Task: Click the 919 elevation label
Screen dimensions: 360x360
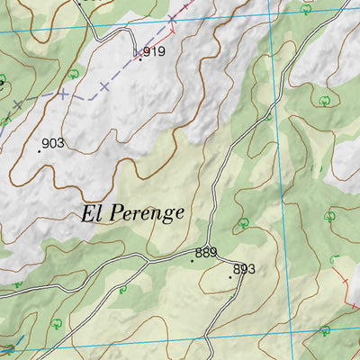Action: pos(154,51)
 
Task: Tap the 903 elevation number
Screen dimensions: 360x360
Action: pos(53,143)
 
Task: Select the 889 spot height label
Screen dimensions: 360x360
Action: pos(206,253)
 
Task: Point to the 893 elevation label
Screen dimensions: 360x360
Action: pos(245,269)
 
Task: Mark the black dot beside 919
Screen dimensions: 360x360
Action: pos(139,59)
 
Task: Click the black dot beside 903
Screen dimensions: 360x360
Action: pos(39,151)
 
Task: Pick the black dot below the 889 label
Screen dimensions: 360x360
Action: pos(192,261)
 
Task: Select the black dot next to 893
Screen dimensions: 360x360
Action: pos(230,277)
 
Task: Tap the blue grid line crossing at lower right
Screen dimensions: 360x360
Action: pos(290,331)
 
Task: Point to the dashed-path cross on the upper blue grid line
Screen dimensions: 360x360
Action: pos(172,19)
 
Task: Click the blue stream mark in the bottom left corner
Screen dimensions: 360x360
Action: pos(9,349)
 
